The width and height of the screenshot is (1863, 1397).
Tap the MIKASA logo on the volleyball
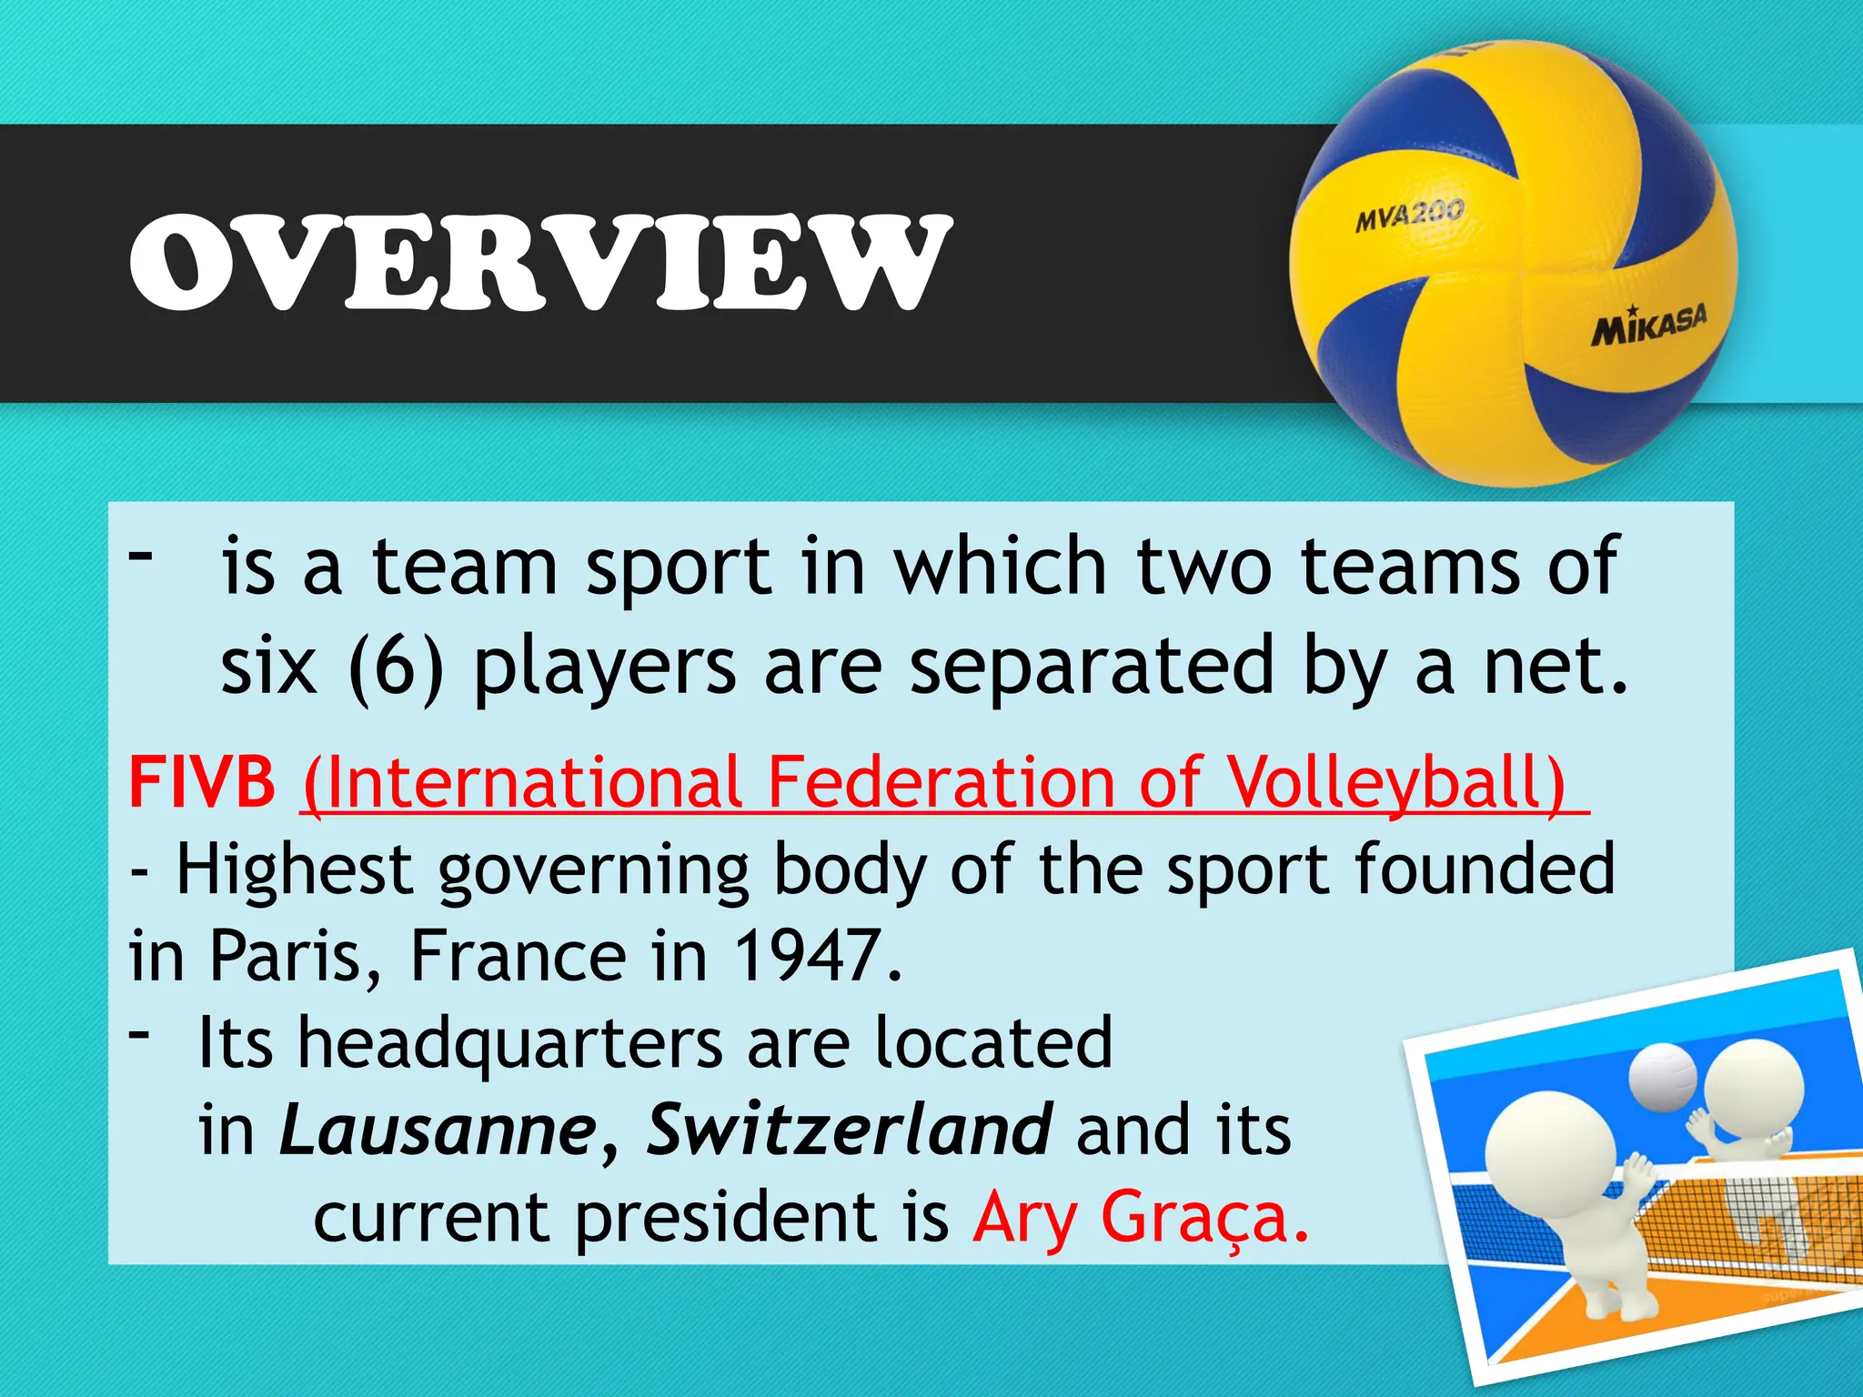click(x=1648, y=325)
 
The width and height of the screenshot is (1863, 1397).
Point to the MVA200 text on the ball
click(x=1409, y=216)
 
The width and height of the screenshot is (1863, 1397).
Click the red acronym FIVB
click(x=202, y=781)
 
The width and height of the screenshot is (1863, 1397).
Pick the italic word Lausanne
click(x=438, y=1130)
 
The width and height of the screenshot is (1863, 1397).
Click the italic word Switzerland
click(x=850, y=1130)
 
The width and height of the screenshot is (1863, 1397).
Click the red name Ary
click(x=1025, y=1219)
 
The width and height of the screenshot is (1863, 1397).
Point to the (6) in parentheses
click(x=396, y=667)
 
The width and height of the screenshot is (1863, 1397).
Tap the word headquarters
click(x=511, y=1044)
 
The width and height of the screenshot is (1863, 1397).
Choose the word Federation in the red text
click(x=941, y=782)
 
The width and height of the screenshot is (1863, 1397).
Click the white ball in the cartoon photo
click(x=1662, y=1077)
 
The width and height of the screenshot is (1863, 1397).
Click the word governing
click(x=593, y=871)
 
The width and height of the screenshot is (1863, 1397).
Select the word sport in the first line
click(x=679, y=568)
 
